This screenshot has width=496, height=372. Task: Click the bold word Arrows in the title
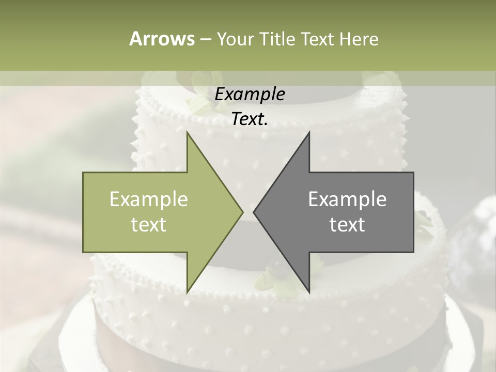161,39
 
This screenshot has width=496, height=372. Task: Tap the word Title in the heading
276,39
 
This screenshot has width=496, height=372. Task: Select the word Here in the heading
359,39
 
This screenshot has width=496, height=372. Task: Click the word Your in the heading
236,39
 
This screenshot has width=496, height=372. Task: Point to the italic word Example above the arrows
250,94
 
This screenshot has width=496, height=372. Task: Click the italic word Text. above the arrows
250,119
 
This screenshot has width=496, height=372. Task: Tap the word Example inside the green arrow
149,199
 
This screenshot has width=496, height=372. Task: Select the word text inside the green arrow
149,225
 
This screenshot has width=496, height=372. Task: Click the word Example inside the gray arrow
347,199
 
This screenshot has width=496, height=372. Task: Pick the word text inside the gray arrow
347,225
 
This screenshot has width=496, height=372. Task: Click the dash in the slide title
205,39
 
